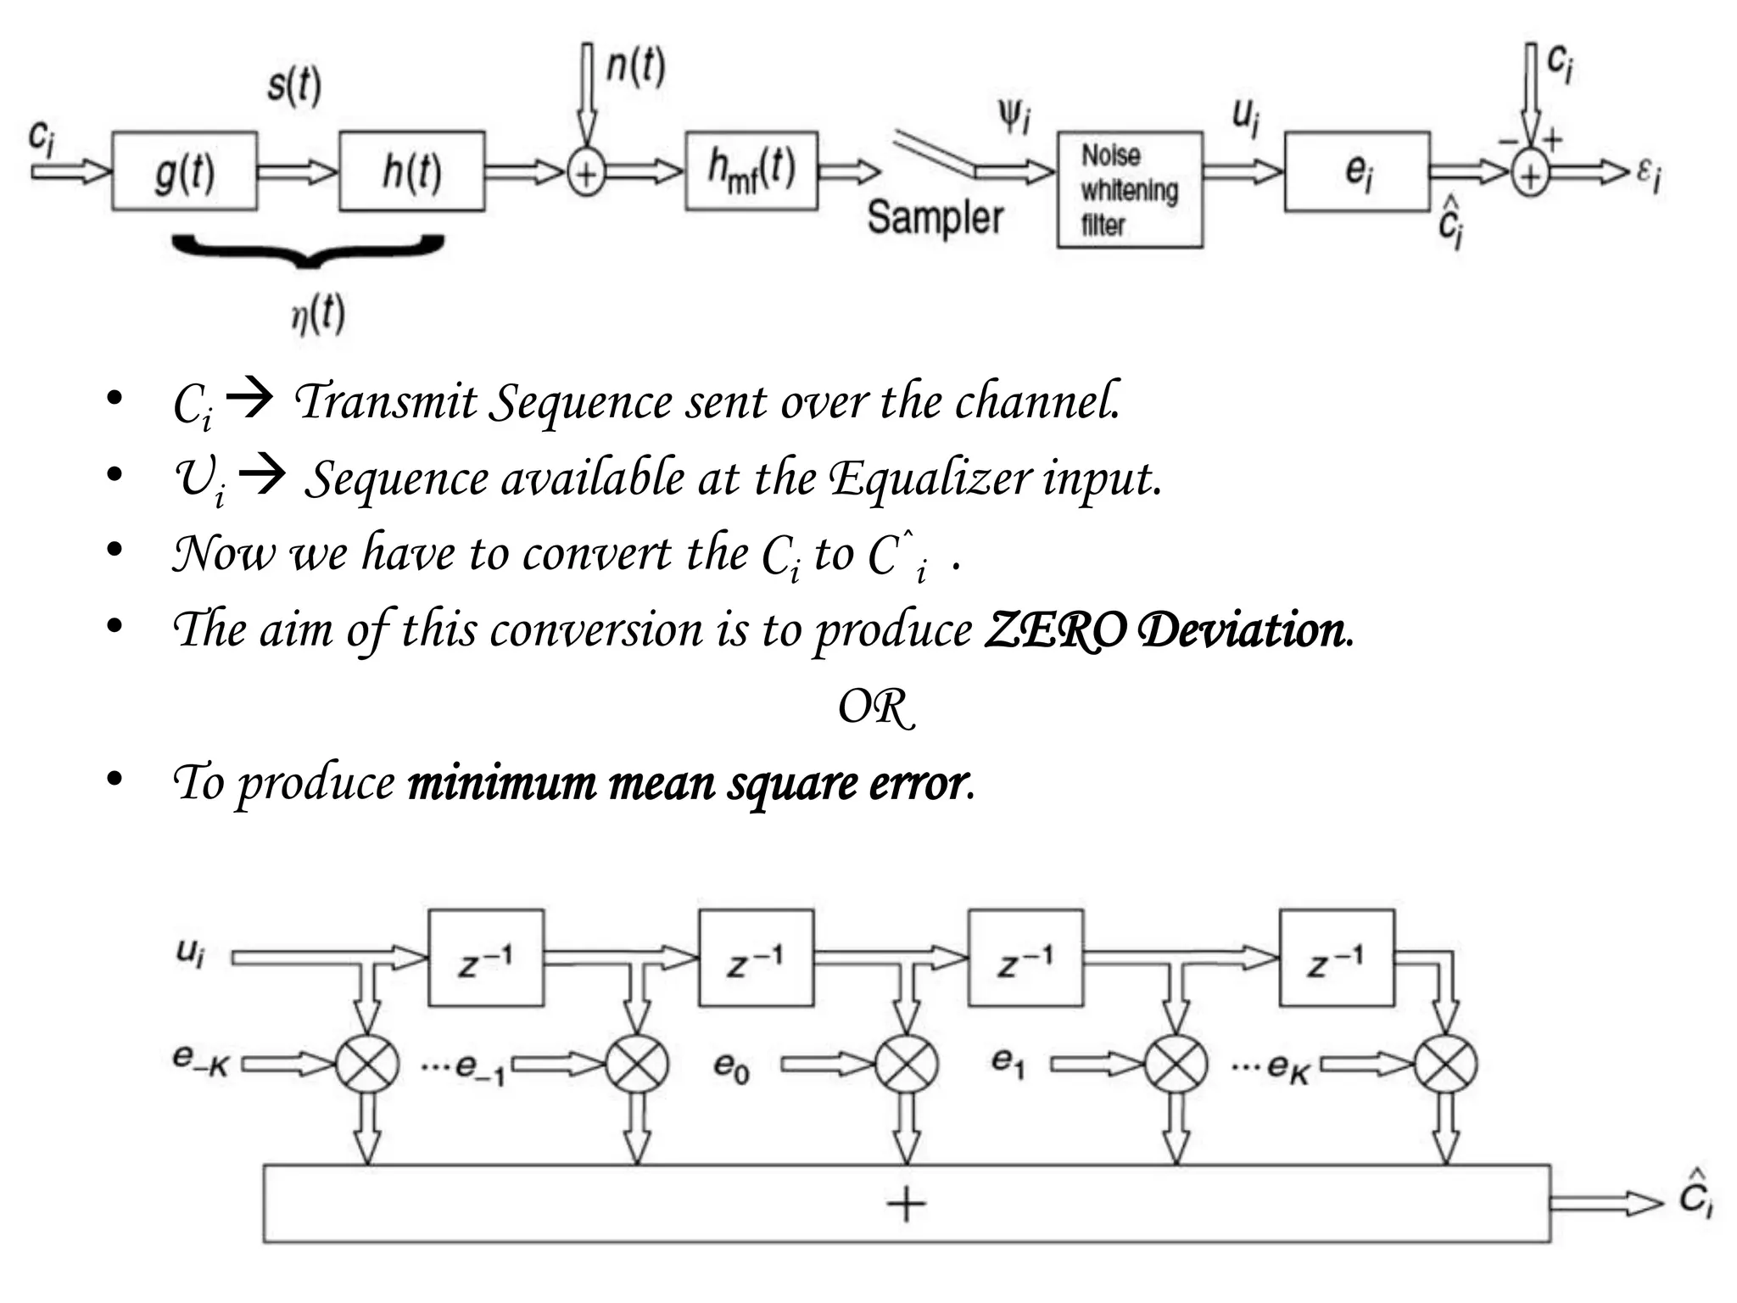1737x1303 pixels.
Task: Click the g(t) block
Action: tap(184, 171)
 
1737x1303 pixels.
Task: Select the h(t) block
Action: tap(412, 171)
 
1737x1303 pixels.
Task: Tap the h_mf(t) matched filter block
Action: tap(751, 171)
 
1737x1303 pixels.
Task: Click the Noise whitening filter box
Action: tap(1130, 190)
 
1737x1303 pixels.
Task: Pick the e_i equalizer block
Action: tap(1357, 171)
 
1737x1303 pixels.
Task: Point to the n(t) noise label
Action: tap(635, 67)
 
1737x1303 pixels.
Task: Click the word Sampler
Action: tap(936, 217)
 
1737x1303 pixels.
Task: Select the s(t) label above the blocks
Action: tap(294, 86)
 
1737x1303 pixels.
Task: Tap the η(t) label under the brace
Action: tap(318, 315)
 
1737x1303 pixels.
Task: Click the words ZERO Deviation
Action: tap(1169, 630)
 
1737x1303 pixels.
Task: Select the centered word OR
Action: tap(876, 707)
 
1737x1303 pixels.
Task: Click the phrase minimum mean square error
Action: tap(688, 783)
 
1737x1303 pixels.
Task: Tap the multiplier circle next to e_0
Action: tap(907, 1064)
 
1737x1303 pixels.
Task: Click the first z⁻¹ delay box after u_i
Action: tap(486, 959)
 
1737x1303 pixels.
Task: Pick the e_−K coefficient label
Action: tap(201, 1060)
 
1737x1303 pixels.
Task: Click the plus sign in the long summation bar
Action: tap(906, 1204)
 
